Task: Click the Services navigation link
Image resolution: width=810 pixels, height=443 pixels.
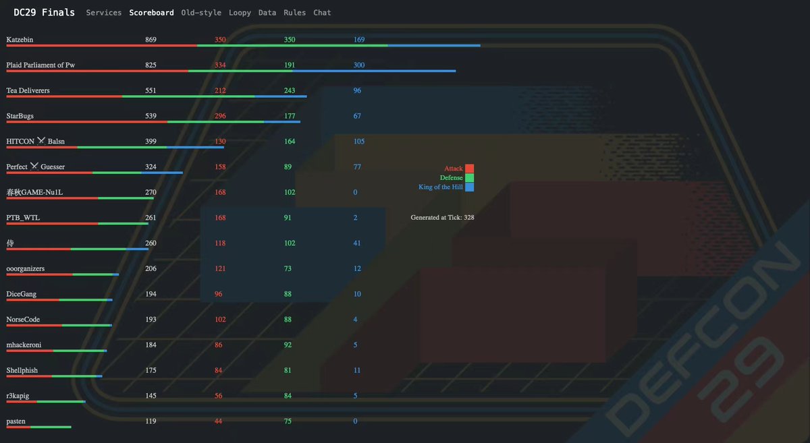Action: tap(103, 13)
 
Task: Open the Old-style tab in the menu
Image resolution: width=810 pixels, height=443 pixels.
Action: tap(201, 13)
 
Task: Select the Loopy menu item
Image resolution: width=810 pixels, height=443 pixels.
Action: tap(240, 13)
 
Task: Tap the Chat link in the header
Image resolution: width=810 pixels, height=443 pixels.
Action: tap(322, 13)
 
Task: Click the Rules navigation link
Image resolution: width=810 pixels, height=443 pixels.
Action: tap(294, 13)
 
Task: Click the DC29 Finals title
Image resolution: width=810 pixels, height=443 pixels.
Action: tap(44, 13)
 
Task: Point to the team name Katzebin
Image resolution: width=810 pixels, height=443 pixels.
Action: tap(20, 39)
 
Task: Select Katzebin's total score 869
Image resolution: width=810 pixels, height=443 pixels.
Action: tap(151, 39)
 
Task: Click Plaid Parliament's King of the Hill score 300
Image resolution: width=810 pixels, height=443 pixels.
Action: tap(358, 65)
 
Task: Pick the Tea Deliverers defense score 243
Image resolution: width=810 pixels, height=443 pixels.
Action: tap(290, 90)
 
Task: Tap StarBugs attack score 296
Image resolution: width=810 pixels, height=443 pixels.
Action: tap(220, 116)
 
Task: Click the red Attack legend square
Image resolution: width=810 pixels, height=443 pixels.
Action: tap(469, 169)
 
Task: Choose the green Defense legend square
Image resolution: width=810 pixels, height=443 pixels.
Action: tap(469, 178)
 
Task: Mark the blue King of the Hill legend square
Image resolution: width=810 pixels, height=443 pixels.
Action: tap(469, 187)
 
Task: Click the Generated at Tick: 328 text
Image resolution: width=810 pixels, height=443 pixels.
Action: tap(442, 218)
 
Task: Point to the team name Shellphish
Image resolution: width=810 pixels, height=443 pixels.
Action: tap(22, 370)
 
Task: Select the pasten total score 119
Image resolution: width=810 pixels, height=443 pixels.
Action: tap(151, 421)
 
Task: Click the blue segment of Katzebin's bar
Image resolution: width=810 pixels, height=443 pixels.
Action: tap(434, 46)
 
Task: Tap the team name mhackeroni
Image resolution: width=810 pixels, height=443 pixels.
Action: tap(24, 345)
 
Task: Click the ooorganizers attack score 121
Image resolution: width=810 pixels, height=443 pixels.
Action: tap(220, 268)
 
